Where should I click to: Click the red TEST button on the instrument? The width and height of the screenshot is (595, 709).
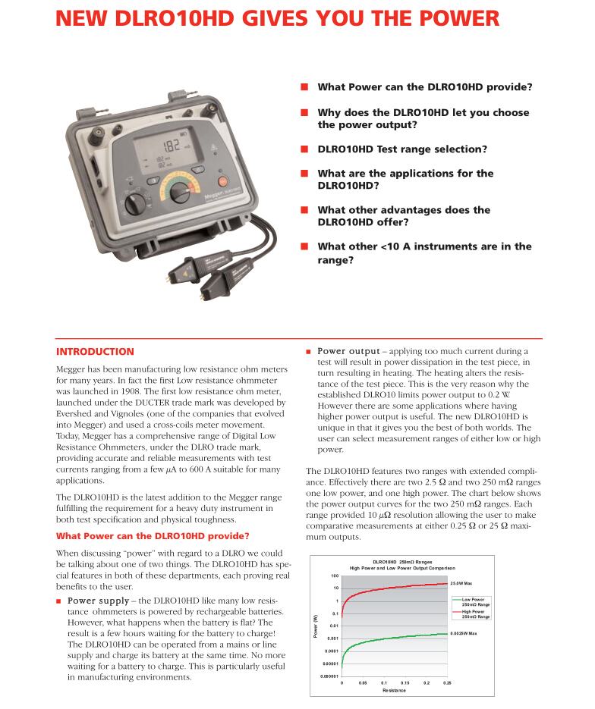tap(223, 182)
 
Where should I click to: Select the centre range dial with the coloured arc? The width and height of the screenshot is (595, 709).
tap(179, 192)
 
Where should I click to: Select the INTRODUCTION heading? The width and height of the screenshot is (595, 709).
tap(95, 352)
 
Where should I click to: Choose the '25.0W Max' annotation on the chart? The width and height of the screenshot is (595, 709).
tap(461, 583)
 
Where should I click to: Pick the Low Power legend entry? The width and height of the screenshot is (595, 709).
tap(475, 601)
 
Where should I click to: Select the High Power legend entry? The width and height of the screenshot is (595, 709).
tap(475, 613)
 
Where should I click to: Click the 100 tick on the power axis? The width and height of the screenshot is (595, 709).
tap(335, 576)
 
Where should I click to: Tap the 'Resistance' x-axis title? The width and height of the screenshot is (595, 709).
tap(394, 691)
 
